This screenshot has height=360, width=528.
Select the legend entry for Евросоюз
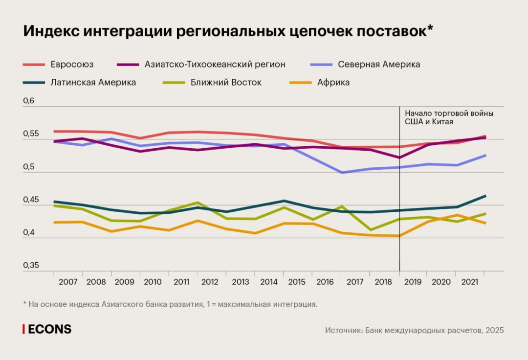pos(71,65)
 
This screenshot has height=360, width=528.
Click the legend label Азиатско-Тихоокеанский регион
pos(215,65)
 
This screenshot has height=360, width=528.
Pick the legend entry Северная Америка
pos(379,65)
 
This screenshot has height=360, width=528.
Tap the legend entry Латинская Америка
pos(93,83)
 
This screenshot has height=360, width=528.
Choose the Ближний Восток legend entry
pos(226,83)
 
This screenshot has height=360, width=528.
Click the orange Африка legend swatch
pos(298,83)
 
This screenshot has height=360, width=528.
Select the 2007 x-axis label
pos(67,282)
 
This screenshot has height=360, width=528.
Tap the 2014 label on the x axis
pos(269,282)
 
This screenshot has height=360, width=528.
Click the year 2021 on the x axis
pos(470,282)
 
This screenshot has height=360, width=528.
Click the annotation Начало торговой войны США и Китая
pos(449,117)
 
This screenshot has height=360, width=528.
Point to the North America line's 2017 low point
pos(342,173)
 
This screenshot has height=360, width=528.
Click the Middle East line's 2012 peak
pos(198,202)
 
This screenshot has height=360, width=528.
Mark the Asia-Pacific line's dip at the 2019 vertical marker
pos(400,157)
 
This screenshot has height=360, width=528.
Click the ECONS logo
pos(47,329)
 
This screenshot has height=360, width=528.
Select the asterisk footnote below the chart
pos(170,304)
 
